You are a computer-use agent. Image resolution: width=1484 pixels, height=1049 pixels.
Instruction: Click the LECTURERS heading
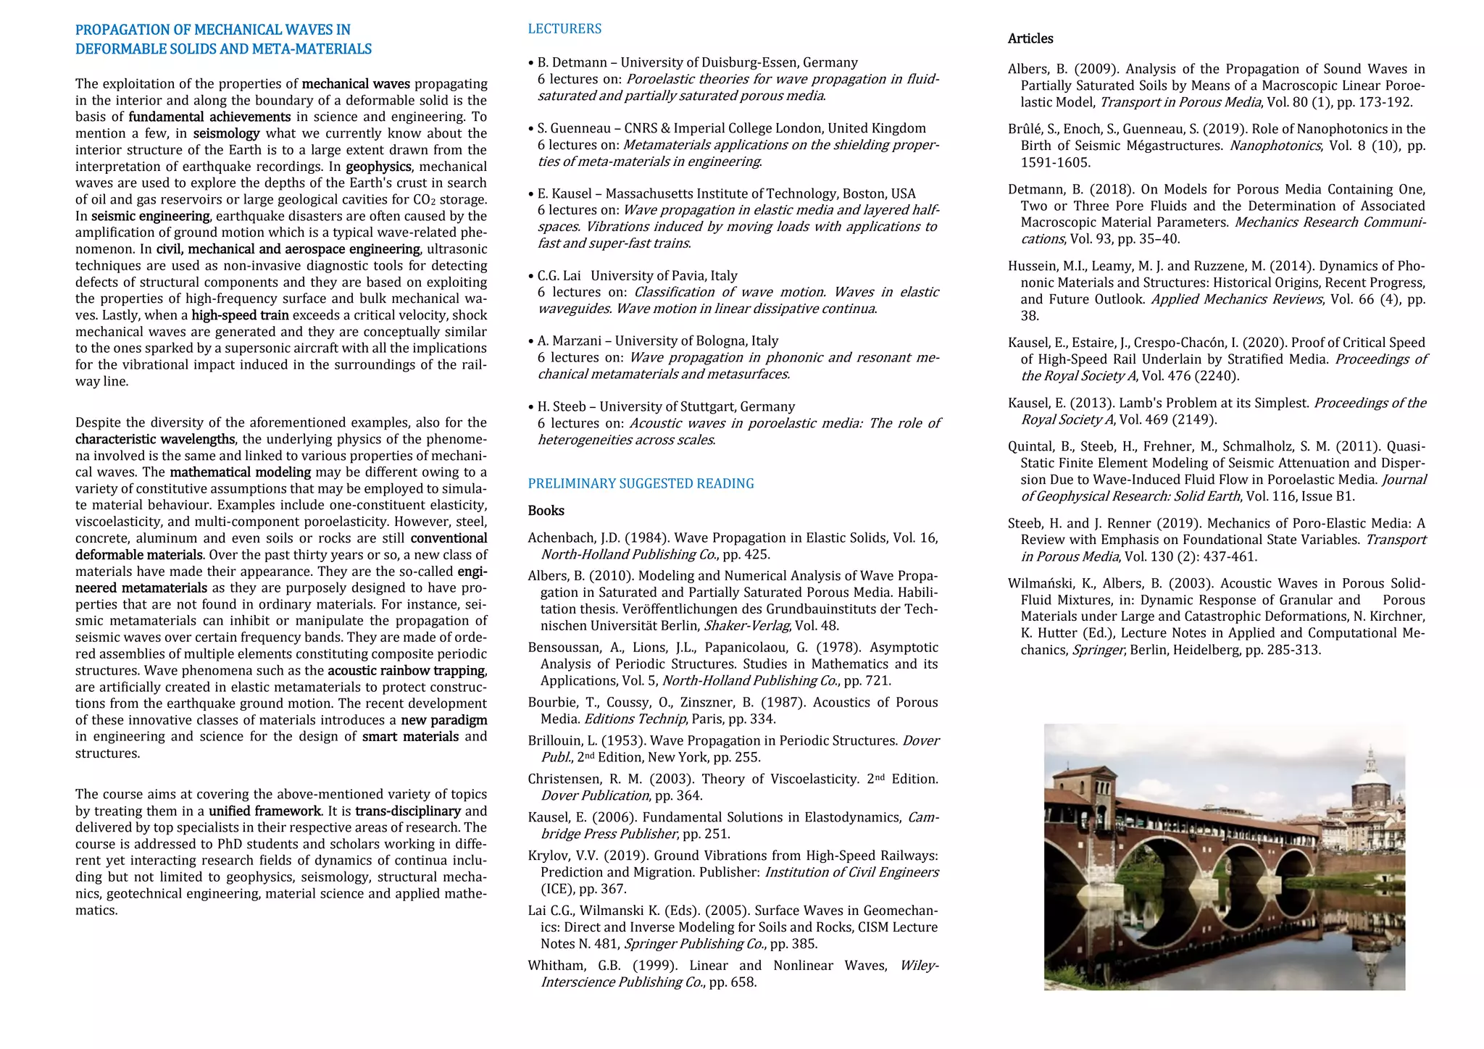564,29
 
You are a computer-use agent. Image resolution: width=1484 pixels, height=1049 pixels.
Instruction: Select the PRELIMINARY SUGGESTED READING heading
641,483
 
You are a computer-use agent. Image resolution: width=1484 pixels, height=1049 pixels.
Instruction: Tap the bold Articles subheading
1030,38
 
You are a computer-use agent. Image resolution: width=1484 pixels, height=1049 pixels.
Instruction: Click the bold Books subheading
546,511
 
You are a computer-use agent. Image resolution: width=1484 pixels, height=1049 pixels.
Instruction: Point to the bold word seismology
226,133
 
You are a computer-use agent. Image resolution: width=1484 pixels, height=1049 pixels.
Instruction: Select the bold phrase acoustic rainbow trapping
407,671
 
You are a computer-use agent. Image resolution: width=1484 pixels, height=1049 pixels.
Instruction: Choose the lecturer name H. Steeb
562,406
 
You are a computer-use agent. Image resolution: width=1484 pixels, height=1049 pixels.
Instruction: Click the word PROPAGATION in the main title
122,30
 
